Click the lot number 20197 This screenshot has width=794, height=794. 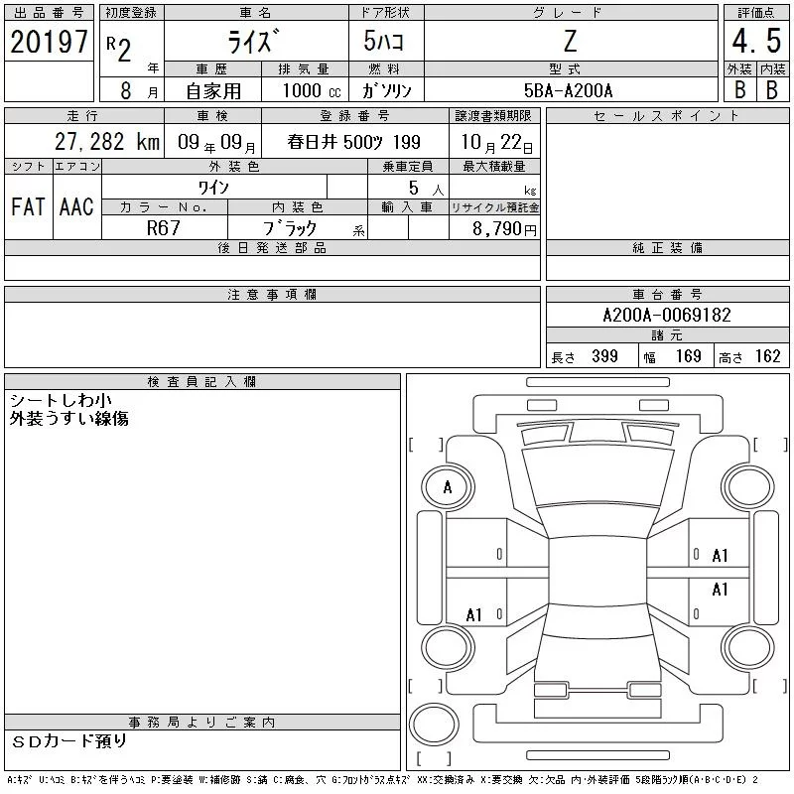pos(49,42)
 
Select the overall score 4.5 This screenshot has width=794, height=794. pos(756,41)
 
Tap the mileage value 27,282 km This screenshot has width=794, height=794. pos(107,142)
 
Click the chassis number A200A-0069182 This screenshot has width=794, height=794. pos(667,315)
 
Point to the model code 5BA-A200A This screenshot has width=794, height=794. pos(568,90)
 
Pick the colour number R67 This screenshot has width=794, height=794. pos(163,228)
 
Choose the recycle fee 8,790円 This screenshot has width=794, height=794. pos(504,229)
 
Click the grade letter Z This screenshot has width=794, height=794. pos(570,41)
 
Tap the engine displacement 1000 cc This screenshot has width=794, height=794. pos(312,90)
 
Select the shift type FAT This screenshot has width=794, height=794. pos(28,206)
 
